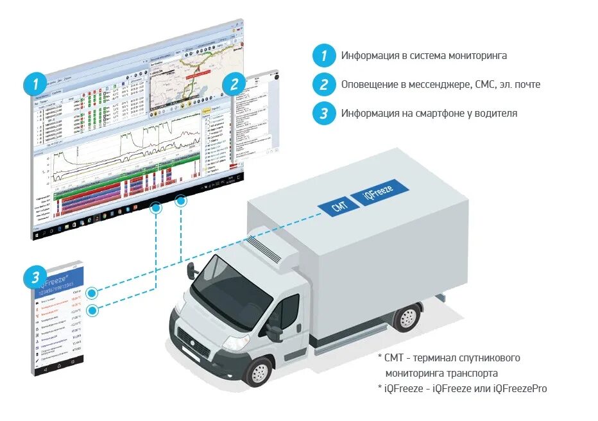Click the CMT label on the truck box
(x=340, y=206)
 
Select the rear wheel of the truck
(x=407, y=318)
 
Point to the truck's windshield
(x=230, y=296)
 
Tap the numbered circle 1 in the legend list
(x=324, y=55)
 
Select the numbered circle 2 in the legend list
(x=324, y=84)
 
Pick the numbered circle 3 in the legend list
(x=324, y=114)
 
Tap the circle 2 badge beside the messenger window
(x=234, y=84)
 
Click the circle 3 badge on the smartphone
(x=34, y=278)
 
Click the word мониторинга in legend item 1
(x=475, y=56)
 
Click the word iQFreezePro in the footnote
(x=520, y=389)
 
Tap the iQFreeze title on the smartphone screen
(x=55, y=277)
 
